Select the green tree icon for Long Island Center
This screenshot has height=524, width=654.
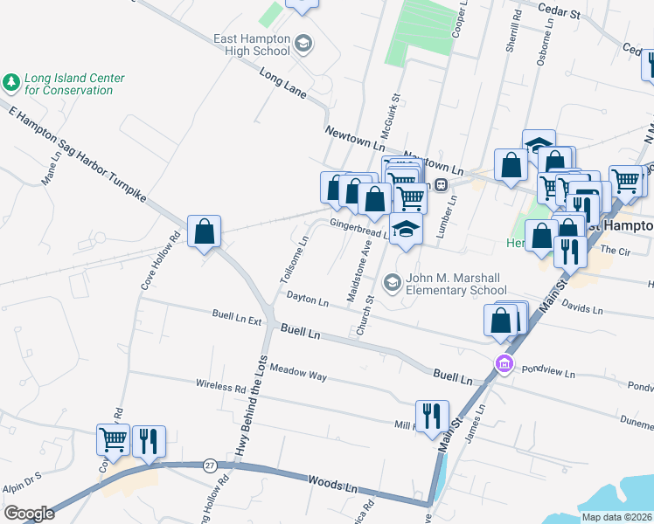(11, 83)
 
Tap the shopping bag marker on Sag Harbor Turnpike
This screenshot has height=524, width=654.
(203, 232)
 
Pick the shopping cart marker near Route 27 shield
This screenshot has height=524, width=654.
(114, 442)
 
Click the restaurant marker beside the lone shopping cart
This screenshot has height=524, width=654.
(148, 442)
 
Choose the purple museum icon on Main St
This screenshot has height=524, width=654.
(504, 364)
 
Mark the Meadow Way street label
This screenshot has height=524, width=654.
(297, 373)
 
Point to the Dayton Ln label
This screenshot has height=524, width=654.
(307, 300)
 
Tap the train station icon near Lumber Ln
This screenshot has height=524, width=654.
(442, 184)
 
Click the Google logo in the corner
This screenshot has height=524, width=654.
(29, 514)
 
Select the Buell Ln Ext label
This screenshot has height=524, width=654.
(237, 317)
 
